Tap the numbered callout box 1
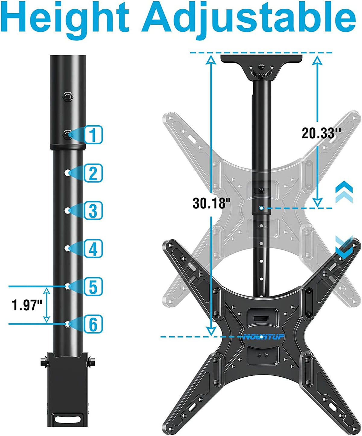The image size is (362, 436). pos(93,135)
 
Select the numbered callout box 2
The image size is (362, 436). pos(93,173)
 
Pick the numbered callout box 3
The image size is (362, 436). pos(93,211)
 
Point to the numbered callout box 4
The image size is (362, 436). pos(93,248)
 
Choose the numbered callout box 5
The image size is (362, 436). pos(93,287)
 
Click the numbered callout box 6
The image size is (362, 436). pos(93,324)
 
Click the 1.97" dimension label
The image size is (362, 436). pos(27,305)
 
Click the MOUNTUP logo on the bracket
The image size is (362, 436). pos(264,337)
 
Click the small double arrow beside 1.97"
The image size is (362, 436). pos(46,305)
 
